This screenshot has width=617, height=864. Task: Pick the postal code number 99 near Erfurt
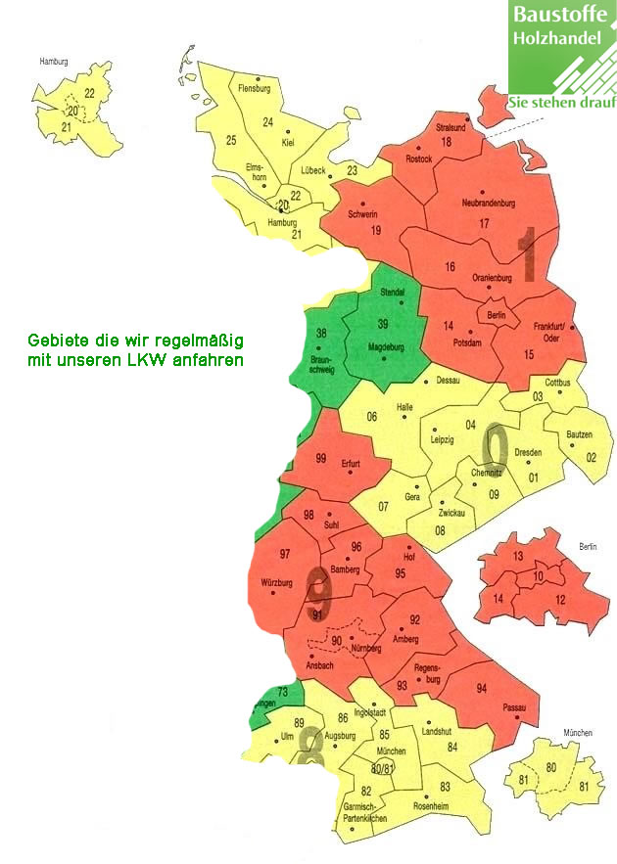coord(320,458)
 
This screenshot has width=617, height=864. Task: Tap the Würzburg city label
coord(277,583)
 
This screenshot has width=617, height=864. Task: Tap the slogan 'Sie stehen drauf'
coord(562,103)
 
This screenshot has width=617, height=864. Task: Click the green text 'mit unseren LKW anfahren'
coord(135,360)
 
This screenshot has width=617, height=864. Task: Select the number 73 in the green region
coord(283,693)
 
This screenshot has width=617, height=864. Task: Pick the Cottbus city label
coord(557,382)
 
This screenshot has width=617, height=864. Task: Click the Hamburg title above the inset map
coord(53,62)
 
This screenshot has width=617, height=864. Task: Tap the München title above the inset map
coord(579,733)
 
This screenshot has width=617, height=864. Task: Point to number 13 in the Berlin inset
coord(519,556)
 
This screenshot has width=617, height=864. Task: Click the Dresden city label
coord(528,452)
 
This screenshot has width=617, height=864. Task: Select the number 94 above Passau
coord(481,689)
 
